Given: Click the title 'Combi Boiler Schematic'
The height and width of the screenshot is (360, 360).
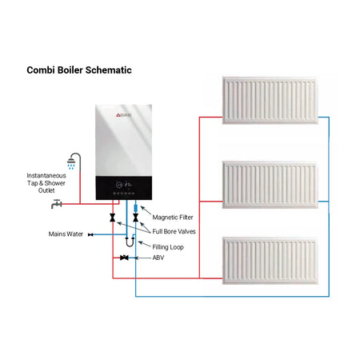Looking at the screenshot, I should click(x=78, y=70).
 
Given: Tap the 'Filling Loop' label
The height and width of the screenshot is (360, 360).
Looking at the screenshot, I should click(x=170, y=246).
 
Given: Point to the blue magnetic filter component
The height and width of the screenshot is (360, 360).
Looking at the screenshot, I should click(x=135, y=214).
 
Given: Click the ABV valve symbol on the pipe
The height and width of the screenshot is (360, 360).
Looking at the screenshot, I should click(x=124, y=258).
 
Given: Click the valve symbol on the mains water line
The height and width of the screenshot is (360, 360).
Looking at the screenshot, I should click(x=90, y=234).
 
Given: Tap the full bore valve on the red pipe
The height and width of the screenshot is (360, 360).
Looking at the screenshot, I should click(x=114, y=218).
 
